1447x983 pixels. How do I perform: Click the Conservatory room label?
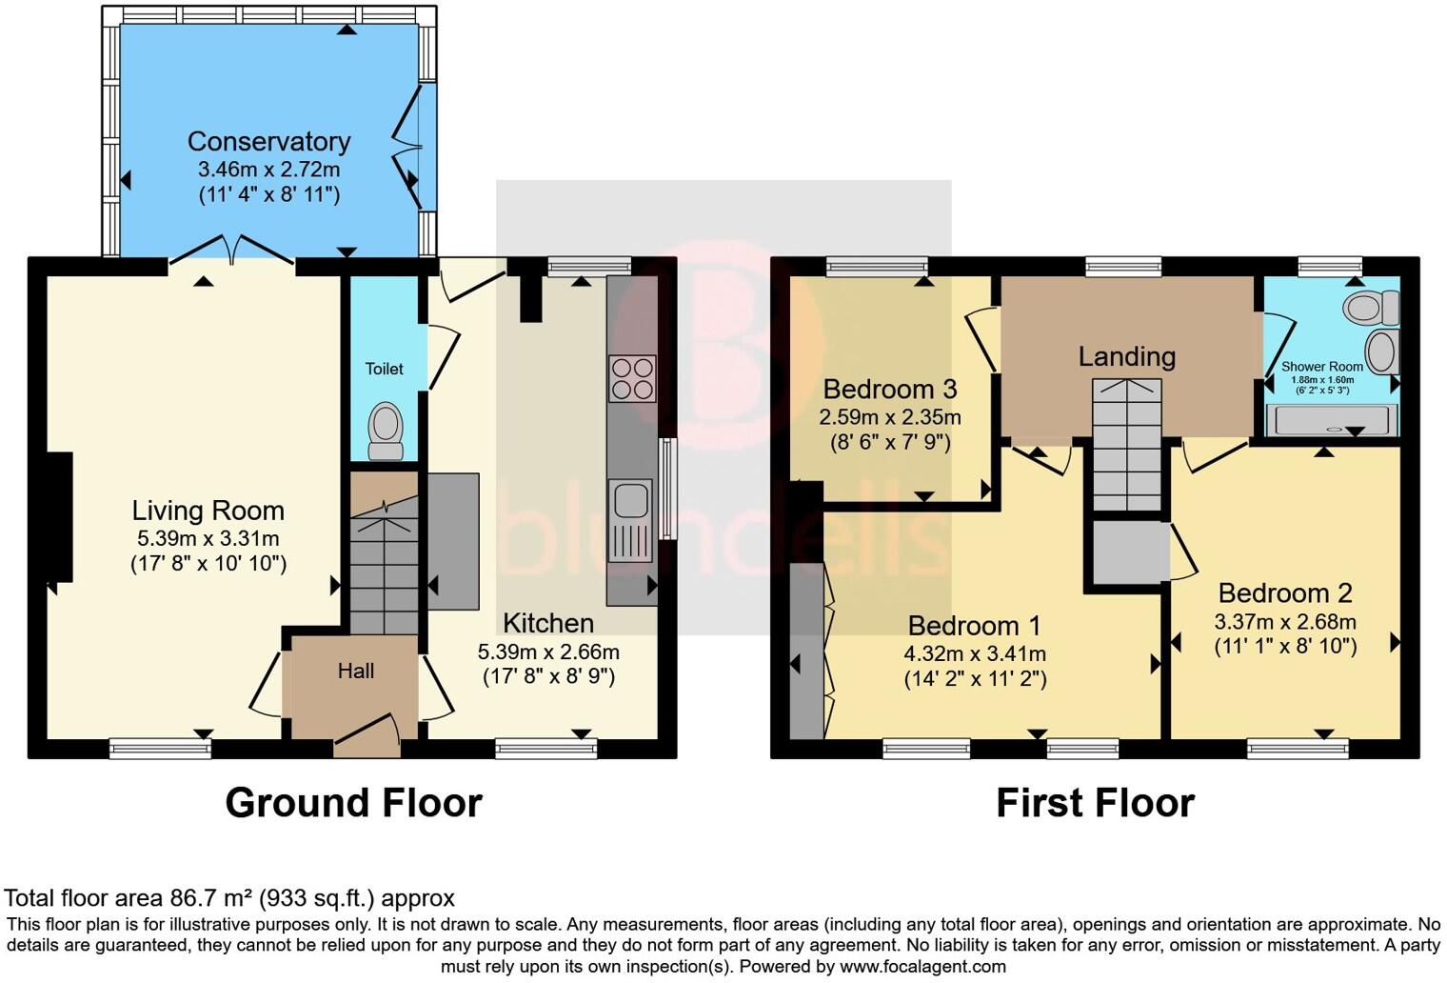tap(268, 142)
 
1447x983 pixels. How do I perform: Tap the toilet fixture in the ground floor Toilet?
tap(386, 430)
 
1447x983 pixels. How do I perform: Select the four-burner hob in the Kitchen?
tap(632, 378)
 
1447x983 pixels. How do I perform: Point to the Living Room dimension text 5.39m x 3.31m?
tap(208, 539)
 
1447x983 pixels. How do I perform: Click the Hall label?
tap(355, 672)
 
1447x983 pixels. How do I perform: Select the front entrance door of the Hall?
tap(367, 734)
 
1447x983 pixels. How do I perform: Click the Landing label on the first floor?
tap(1126, 357)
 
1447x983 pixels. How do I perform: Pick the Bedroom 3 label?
tap(889, 390)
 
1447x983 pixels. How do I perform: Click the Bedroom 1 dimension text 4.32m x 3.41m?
tap(975, 654)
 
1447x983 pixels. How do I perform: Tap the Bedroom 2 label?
tap(1284, 593)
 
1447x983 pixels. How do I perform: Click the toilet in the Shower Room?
tap(1372, 308)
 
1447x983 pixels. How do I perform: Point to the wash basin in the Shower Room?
tap(1380, 351)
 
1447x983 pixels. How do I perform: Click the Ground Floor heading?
tap(353, 803)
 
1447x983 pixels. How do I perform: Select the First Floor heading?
tap(1095, 803)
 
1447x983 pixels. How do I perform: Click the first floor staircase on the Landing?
tap(1127, 444)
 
